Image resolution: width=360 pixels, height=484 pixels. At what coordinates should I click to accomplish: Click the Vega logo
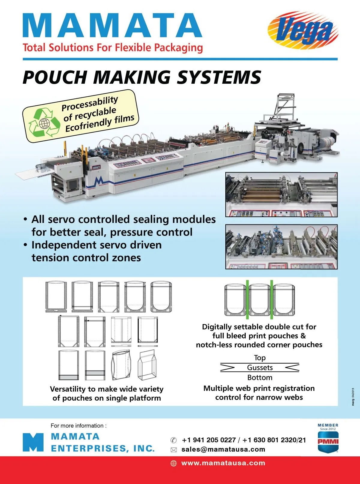[x=303, y=30]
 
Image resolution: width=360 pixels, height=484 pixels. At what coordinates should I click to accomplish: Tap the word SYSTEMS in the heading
[x=219, y=77]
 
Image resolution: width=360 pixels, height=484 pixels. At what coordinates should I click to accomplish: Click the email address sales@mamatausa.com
[x=223, y=449]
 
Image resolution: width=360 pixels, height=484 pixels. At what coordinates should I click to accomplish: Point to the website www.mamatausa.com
[x=223, y=463]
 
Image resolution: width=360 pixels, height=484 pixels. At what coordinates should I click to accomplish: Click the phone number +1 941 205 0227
[x=209, y=440]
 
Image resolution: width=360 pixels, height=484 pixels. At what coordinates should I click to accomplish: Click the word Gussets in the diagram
[x=260, y=368]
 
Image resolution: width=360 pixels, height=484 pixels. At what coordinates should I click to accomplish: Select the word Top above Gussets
[x=259, y=358]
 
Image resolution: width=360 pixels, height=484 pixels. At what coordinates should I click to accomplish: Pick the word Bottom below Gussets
[x=260, y=377]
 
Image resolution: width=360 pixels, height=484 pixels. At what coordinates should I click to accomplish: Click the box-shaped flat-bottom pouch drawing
[x=147, y=365]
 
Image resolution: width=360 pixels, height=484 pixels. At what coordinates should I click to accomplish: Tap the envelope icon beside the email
[x=173, y=450]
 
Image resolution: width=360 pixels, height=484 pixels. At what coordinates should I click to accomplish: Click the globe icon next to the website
[x=173, y=463]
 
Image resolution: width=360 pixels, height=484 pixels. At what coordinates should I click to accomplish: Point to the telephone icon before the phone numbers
[x=173, y=440]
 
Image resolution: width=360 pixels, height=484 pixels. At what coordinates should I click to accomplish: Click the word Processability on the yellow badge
[x=90, y=104]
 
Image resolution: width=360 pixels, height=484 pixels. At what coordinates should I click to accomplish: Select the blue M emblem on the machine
[x=99, y=180]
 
